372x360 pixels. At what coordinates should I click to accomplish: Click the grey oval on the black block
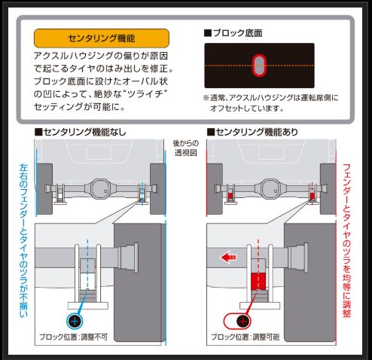[x=259, y=66]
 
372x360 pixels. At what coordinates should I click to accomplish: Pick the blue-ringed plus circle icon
[x=75, y=320]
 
